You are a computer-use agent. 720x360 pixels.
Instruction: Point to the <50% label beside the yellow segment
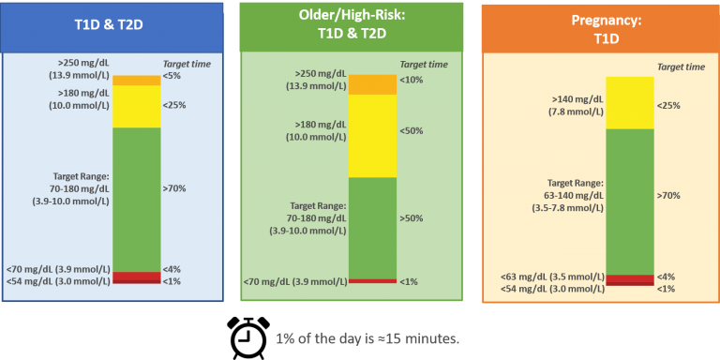411,130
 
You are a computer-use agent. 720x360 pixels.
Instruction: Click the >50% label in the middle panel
411,217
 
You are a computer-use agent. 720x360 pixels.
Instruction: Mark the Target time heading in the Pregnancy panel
682,67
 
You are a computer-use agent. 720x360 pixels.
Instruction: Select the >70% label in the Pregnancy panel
667,196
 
